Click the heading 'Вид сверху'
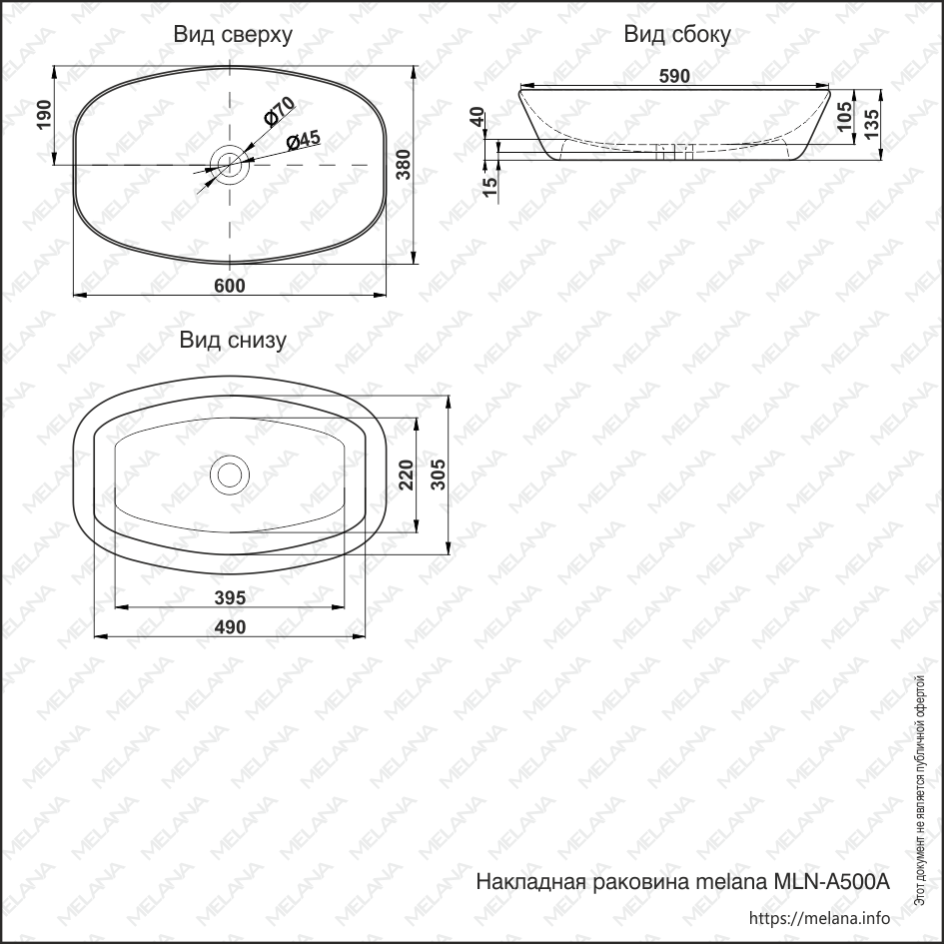coord(233,35)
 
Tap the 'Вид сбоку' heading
coord(677,35)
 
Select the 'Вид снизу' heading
coord(233,340)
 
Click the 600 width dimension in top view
coord(230,285)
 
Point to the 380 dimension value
coord(404,166)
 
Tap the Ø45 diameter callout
coord(303,140)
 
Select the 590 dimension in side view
coord(675,76)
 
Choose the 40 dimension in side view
coord(477,118)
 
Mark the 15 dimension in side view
coord(489,187)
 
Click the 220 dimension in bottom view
coord(406,475)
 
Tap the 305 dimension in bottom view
coord(435,474)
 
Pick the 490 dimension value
coord(230,626)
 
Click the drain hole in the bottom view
coord(231,473)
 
